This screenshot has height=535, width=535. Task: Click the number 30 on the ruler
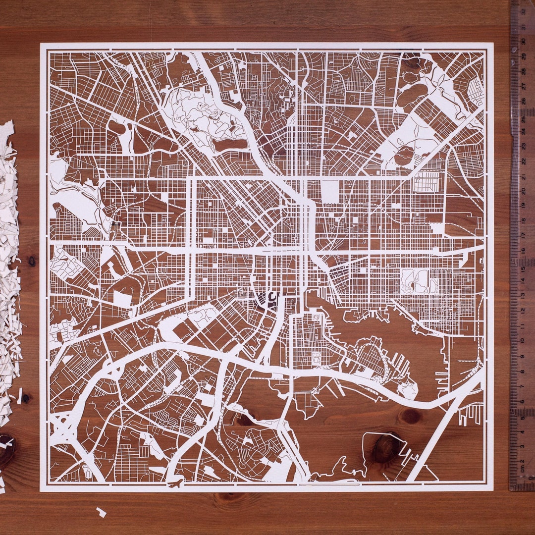(523, 42)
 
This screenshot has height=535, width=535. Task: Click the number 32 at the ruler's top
(523, 11)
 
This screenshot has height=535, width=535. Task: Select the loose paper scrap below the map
(101, 512)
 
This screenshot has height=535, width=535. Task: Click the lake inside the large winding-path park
(229, 144)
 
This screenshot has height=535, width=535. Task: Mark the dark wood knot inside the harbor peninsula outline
(386, 448)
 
